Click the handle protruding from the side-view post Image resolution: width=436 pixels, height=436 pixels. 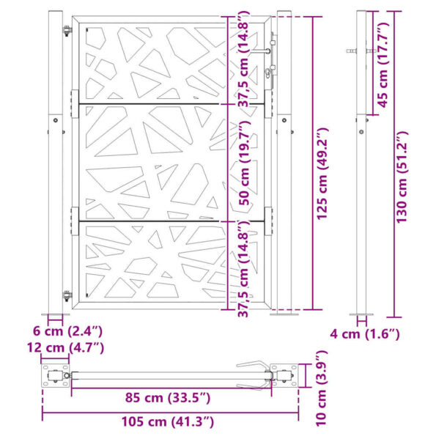pos(354,51)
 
